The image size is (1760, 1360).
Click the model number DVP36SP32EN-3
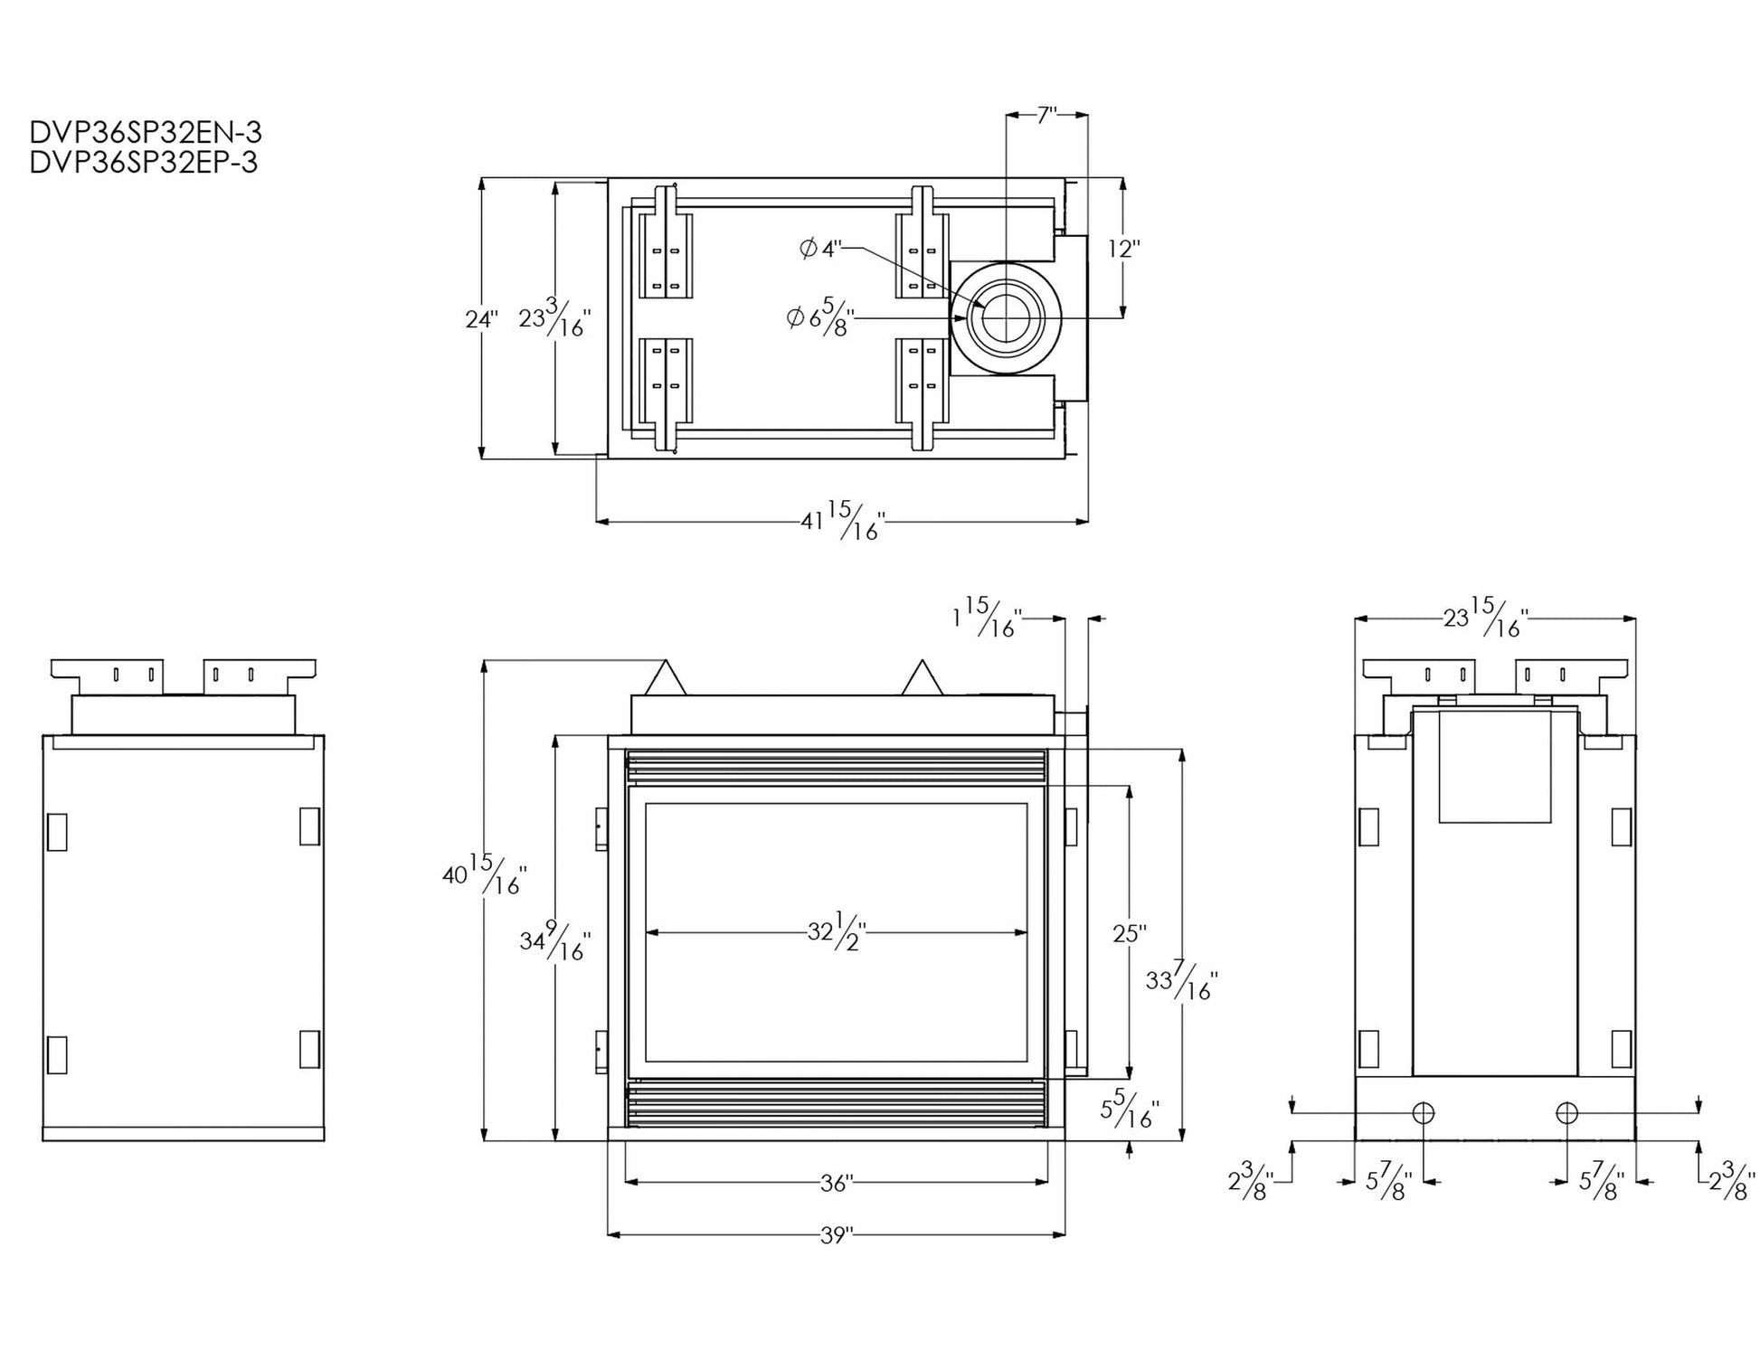point(146,133)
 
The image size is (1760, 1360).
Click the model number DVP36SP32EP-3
point(144,163)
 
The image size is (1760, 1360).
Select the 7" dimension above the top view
point(1047,115)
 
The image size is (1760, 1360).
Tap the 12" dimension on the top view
point(1124,249)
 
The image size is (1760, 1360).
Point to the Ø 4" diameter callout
point(821,249)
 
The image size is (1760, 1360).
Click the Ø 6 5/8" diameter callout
point(819,317)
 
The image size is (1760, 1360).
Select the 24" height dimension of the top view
point(481,319)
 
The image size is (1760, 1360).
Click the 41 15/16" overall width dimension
point(841,521)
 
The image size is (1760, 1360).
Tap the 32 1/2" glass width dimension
point(837,931)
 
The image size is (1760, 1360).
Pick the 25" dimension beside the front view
point(1130,933)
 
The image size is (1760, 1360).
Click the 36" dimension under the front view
point(837,1183)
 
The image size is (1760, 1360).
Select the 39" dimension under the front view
point(837,1235)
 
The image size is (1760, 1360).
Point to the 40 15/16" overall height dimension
point(484,874)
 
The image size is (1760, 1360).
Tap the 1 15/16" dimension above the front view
point(987,619)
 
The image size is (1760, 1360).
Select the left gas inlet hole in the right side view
point(1424,1113)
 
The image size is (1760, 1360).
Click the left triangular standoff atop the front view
point(667,679)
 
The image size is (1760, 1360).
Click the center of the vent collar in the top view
point(1005,318)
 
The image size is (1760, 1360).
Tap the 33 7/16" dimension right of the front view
point(1181,981)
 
